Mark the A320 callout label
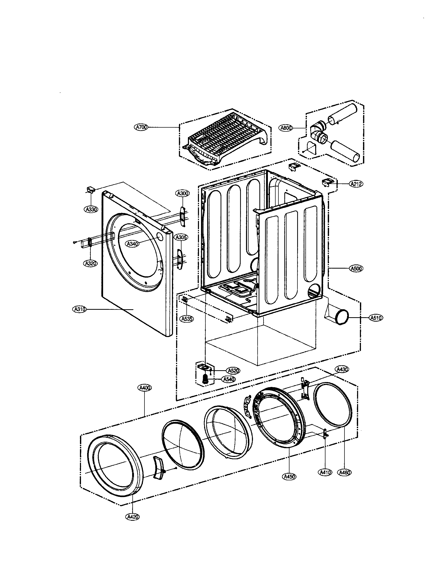coord(90,263)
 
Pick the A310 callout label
coord(79,309)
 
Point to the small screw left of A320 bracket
coord(75,242)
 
